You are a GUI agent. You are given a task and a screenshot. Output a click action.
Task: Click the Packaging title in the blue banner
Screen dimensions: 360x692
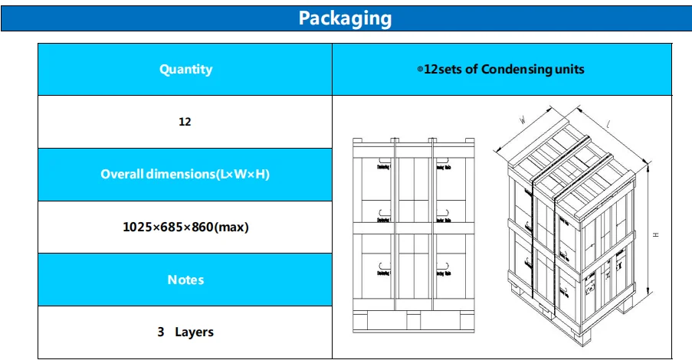tap(345, 18)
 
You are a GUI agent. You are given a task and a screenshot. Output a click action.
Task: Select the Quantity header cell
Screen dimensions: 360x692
tap(185, 69)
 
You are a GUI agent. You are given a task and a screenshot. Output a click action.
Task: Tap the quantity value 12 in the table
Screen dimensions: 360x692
tap(185, 122)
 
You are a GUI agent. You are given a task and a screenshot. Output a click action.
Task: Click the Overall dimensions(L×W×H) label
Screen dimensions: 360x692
tap(185, 174)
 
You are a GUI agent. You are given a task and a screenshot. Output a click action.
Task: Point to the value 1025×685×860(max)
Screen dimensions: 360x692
tap(185, 227)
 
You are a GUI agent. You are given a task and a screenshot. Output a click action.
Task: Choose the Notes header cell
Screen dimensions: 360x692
tap(185, 280)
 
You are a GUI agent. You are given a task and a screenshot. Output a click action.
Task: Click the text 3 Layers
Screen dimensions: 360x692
tap(185, 332)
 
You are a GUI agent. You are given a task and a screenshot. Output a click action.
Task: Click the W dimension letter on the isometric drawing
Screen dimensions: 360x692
tap(522, 119)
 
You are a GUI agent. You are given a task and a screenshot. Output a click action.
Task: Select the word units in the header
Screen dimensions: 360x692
tap(570, 69)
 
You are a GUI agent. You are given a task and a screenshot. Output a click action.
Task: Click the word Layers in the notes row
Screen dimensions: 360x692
tap(194, 332)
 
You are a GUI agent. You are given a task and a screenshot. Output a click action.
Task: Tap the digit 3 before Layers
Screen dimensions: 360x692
tap(161, 332)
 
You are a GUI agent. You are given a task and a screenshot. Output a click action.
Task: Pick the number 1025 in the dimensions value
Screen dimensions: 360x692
tap(137, 227)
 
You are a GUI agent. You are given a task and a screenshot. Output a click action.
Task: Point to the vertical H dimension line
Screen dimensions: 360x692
tap(648, 230)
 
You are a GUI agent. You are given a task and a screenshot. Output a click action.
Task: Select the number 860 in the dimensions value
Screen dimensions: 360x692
tap(202, 227)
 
